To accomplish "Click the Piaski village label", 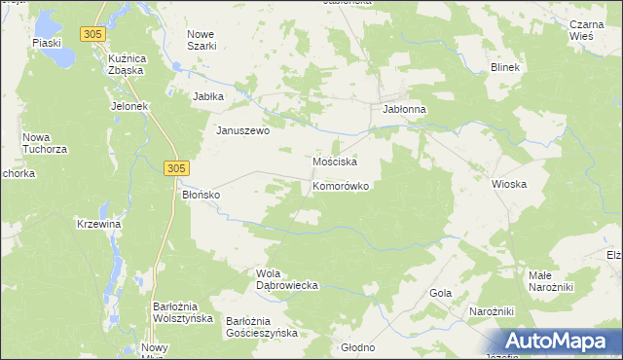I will pyautogui.click(x=46, y=43).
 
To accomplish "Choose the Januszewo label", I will pyautogui.click(x=242, y=131).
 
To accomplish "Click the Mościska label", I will pyautogui.click(x=335, y=161).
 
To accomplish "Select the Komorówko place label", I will pyautogui.click(x=340, y=185).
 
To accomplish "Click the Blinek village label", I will pyautogui.click(x=506, y=67).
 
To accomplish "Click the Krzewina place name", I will pyautogui.click(x=98, y=224).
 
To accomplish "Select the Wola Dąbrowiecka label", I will pyautogui.click(x=287, y=279).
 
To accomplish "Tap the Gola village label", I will pyautogui.click(x=440, y=292).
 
